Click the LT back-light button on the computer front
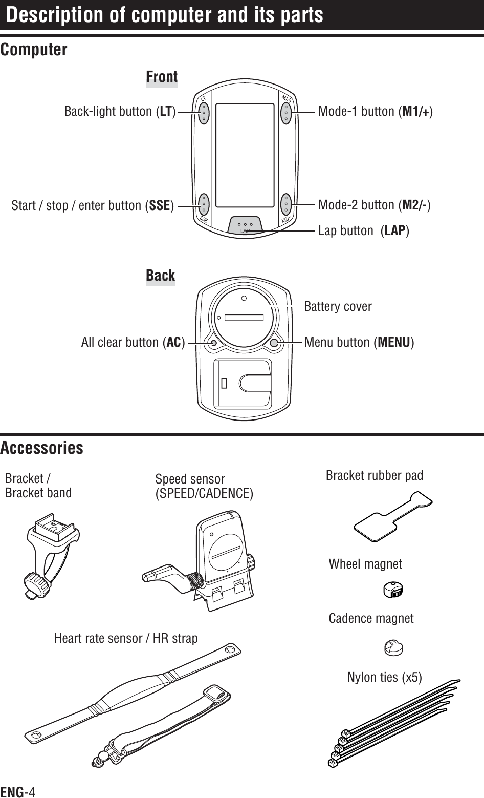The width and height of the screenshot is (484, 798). [204, 112]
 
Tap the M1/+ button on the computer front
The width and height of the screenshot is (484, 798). [286, 112]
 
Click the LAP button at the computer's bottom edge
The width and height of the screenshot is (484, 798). [246, 226]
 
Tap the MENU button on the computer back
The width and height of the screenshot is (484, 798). [275, 343]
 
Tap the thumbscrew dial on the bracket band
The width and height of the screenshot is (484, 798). [35, 583]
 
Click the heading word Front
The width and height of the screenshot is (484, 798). [162, 77]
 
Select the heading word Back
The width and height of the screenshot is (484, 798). [160, 276]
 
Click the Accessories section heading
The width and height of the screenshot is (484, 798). [42, 448]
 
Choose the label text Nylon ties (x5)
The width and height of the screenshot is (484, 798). [385, 677]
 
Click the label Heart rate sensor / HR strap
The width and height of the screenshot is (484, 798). [126, 638]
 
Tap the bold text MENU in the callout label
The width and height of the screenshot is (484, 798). [393, 342]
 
